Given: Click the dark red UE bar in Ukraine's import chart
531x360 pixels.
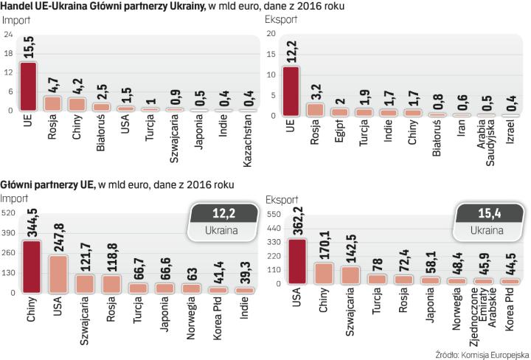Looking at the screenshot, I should tap(29, 86).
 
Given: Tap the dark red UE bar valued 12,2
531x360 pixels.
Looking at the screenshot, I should tap(291, 91).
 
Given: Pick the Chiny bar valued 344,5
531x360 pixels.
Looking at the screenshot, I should tap(31, 266).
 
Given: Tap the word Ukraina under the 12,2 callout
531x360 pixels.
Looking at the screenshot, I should tap(221, 231).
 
